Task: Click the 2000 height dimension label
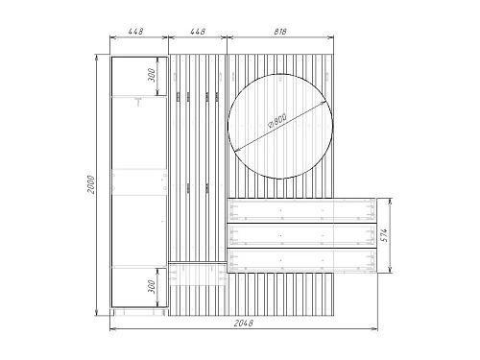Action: tap(91, 184)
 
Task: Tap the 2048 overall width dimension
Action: tap(244, 324)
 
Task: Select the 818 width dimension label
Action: tap(280, 32)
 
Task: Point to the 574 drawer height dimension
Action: tap(385, 235)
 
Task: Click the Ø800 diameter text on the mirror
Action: tap(276, 121)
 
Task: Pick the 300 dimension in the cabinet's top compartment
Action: tap(152, 75)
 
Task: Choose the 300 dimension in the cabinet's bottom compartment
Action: tap(152, 287)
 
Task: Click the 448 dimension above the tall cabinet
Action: tap(135, 32)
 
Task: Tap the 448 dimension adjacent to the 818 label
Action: tap(198, 32)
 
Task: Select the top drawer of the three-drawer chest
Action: tap(301, 210)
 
